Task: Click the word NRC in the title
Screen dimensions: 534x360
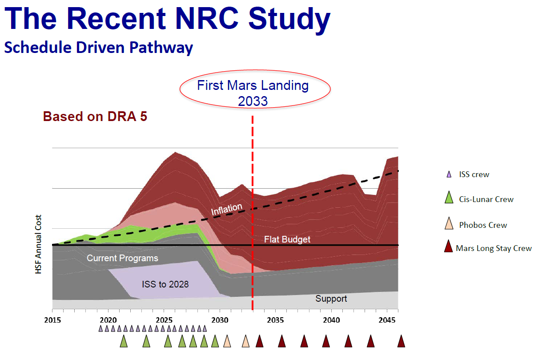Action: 207,18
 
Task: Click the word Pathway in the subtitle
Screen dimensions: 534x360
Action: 161,48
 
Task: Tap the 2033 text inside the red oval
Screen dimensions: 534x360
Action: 253,101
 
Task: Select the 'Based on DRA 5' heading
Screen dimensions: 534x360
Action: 95,117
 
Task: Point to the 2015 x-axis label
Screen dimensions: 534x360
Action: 52,320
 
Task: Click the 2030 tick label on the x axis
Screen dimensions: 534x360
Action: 220,320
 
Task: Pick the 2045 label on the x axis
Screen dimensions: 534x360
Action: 387,320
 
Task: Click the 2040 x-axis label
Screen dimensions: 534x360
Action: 331,320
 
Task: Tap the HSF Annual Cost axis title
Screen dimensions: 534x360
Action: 38,244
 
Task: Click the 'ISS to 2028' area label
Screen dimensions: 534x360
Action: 165,284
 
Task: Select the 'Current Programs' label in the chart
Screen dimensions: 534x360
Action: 122,258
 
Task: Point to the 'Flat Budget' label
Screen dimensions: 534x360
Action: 287,239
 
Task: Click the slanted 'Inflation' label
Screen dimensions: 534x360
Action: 227,209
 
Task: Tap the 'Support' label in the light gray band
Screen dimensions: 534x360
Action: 331,299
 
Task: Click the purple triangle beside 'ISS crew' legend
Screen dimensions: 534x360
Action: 449,174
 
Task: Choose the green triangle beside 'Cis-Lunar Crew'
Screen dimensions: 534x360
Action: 449,198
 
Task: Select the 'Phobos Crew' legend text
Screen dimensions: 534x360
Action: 483,225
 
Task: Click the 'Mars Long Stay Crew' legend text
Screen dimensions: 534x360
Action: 494,248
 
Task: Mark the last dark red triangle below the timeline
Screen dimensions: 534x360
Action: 401,341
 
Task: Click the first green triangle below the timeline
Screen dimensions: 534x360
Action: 124,341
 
